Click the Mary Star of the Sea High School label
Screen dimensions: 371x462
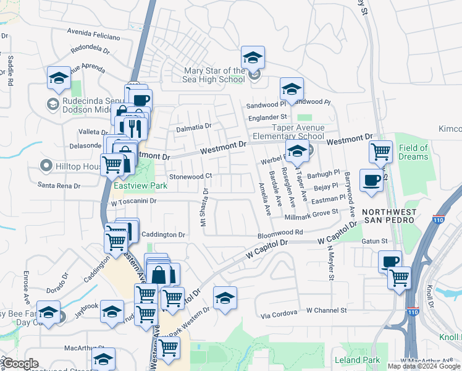pyautogui.click(x=214, y=75)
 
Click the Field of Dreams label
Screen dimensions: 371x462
pyautogui.click(x=413, y=152)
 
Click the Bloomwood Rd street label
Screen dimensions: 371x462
pyautogui.click(x=280, y=232)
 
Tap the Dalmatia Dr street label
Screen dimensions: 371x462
pyautogui.click(x=193, y=126)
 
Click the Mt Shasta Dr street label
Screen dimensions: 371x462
pyautogui.click(x=204, y=207)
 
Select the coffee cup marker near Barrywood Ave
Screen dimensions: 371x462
pyautogui.click(x=371, y=180)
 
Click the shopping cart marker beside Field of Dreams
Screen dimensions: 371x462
pyautogui.click(x=380, y=150)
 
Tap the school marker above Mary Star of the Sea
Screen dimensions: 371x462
pyautogui.click(x=253, y=58)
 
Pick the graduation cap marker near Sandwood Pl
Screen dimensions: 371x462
pyautogui.click(x=292, y=89)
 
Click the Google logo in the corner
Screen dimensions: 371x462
pyautogui.click(x=20, y=364)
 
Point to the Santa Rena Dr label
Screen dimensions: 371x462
pyautogui.click(x=59, y=185)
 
